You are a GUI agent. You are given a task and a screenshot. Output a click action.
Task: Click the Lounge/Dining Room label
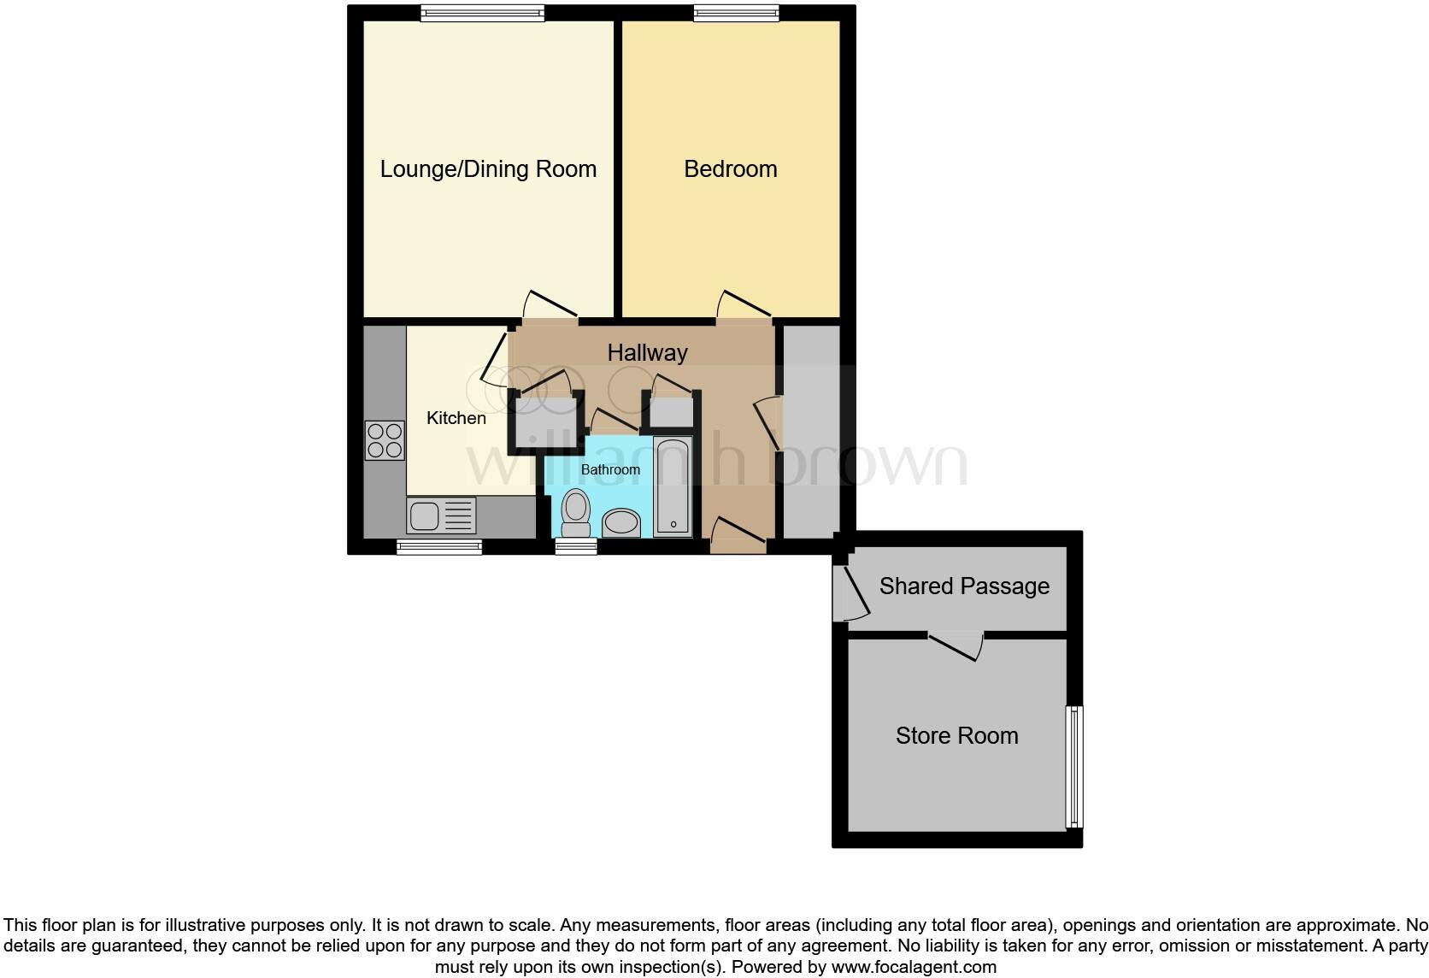[x=488, y=169]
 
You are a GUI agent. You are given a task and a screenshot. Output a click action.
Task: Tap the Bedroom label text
[x=730, y=169]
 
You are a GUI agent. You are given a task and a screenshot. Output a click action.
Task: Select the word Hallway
[x=647, y=352]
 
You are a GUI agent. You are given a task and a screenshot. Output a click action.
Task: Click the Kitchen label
[x=456, y=418]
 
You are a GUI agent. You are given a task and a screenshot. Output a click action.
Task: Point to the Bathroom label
[x=610, y=469]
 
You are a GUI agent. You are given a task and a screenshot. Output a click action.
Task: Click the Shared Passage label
[x=964, y=586]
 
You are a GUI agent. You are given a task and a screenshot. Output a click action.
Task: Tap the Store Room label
[x=956, y=736]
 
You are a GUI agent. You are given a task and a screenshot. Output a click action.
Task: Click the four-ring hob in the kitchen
[x=385, y=440]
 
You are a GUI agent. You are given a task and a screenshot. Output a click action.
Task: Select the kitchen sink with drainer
[x=441, y=516]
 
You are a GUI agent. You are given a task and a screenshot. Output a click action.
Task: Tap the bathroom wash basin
[x=621, y=523]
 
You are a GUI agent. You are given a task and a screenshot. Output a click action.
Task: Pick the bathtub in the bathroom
[x=673, y=486]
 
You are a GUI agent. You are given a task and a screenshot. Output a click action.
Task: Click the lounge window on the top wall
[x=483, y=13]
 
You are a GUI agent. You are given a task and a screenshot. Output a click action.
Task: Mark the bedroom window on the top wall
[x=736, y=13]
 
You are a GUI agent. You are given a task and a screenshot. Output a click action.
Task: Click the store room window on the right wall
[x=1074, y=767]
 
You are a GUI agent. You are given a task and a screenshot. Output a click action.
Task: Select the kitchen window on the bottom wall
[x=439, y=547]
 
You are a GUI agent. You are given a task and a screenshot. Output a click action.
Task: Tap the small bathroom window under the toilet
[x=576, y=547]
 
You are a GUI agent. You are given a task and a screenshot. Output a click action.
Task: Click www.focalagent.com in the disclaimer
[x=913, y=968]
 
